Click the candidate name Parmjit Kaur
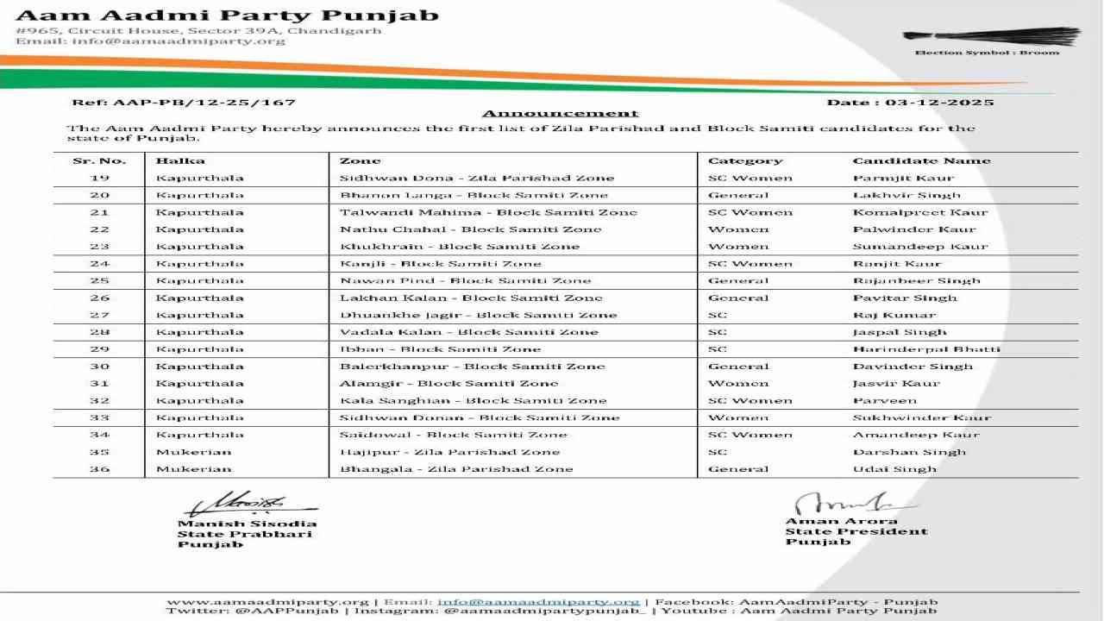[x=903, y=178]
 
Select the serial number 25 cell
[x=99, y=280]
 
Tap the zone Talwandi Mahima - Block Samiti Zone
[x=488, y=212]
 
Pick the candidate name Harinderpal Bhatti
[x=926, y=349]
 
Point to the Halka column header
[x=180, y=160]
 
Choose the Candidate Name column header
[x=921, y=160]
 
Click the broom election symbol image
[x=980, y=37]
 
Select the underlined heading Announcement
[x=560, y=113]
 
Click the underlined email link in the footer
[x=538, y=602]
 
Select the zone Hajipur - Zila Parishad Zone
[x=449, y=452]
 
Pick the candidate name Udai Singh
[x=894, y=469]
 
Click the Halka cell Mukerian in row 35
[x=194, y=452]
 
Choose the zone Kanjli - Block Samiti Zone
[x=440, y=264]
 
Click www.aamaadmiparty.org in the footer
[x=267, y=602]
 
